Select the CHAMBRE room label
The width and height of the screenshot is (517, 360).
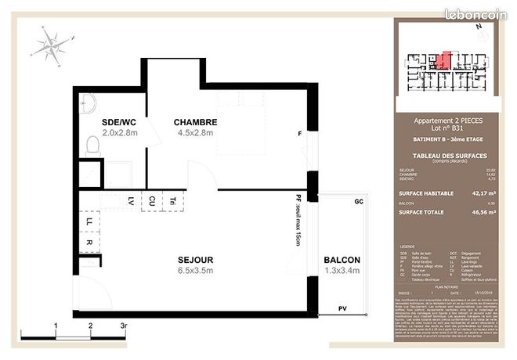[195, 122]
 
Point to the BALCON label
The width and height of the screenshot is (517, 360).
[342, 260]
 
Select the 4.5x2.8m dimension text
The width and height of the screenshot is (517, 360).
[194, 134]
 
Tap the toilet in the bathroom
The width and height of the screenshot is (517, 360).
[92, 145]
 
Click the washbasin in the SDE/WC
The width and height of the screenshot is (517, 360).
[87, 101]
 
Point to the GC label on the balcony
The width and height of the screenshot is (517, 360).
[360, 201]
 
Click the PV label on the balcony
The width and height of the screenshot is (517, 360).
[342, 308]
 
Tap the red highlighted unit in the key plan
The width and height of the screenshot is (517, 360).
[443, 60]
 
